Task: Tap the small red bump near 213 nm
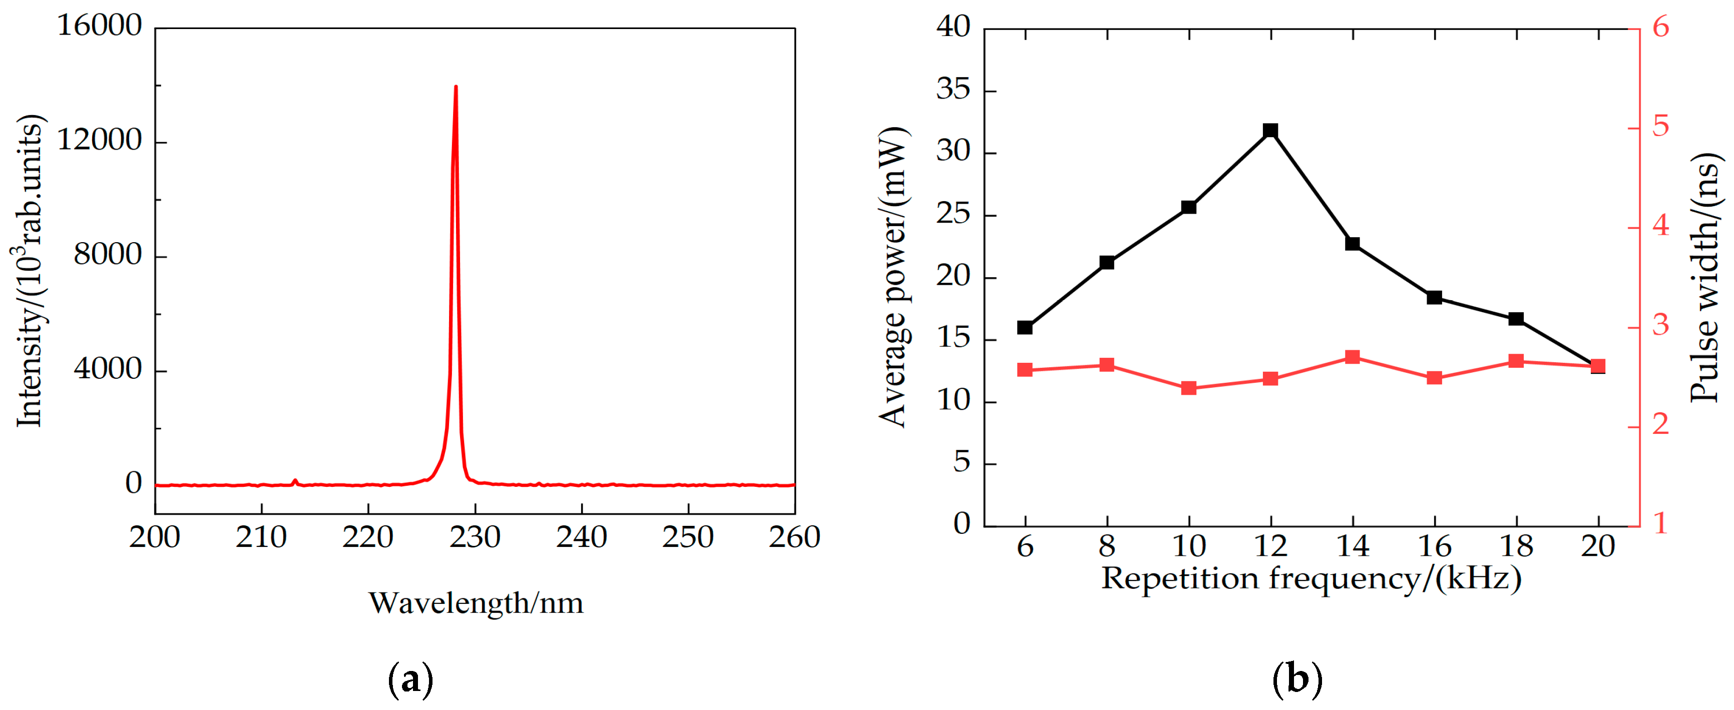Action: coord(295,480)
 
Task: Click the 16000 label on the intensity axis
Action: coord(99,26)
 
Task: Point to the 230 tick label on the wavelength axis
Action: coord(475,537)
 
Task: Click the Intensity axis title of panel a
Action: coord(30,271)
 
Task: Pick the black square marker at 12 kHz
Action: coord(1270,130)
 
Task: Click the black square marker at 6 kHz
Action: coord(1025,328)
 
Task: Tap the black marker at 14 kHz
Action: coord(1353,244)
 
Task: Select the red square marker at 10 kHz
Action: coord(1189,388)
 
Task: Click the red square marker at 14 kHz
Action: coord(1353,357)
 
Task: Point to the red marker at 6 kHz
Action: coord(1025,369)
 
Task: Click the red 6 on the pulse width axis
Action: coord(1660,27)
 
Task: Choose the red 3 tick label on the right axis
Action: coord(1660,326)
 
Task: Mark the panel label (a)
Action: coord(410,679)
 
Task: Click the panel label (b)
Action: coord(1296,679)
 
